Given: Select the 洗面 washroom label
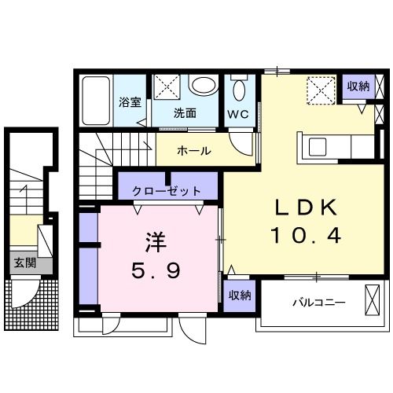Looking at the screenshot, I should tap(185, 113).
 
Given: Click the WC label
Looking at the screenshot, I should tap(238, 113).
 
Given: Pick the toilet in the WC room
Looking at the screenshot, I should tap(238, 88).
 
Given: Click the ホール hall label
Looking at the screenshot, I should tap(193, 150).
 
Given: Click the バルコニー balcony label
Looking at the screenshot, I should tap(319, 302).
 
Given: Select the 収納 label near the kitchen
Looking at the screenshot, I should tap(358, 86).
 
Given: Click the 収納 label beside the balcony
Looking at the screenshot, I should tap(239, 296).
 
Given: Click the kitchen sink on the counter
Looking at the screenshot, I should tap(319, 146).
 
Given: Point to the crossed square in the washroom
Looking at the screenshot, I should tap(167, 86).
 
